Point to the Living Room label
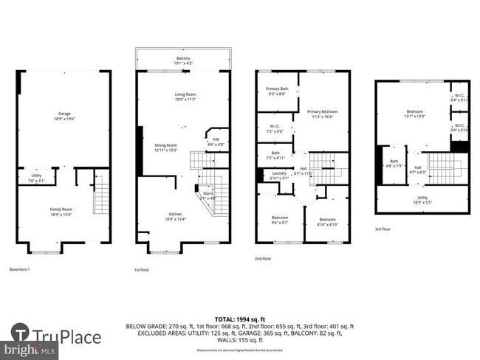pyautogui.click(x=185, y=97)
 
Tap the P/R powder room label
pyautogui.click(x=215, y=142)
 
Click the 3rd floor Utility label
pyautogui.click(x=422, y=199)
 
